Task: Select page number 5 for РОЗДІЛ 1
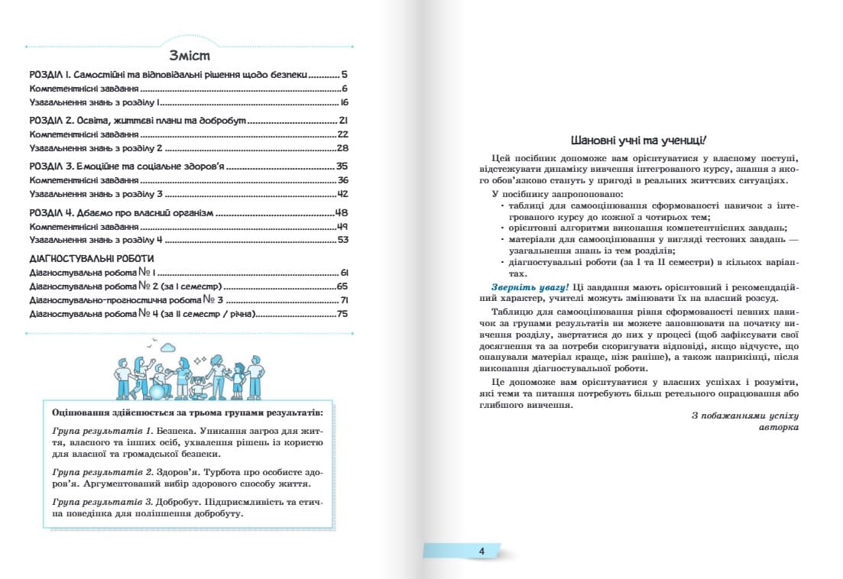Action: [345, 76]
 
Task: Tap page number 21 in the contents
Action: [343, 121]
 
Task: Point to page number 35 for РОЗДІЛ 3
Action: [342, 166]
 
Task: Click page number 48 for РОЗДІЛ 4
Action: [342, 212]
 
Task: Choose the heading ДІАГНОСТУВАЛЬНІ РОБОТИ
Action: [91, 259]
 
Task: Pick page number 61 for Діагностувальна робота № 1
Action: [344, 273]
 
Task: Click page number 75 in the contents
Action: [342, 314]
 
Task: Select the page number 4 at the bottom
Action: [481, 552]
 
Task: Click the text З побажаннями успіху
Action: [744, 416]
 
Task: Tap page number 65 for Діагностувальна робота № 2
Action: [342, 286]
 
